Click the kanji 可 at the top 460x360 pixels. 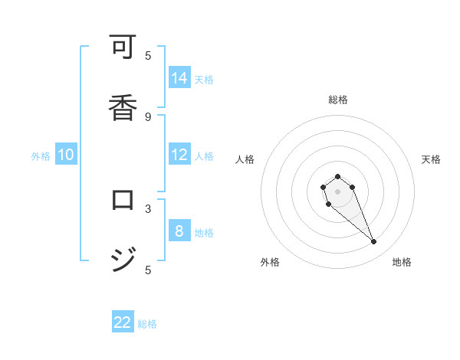click(x=123, y=47)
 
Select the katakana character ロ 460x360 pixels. click(x=123, y=201)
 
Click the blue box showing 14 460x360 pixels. click(x=179, y=78)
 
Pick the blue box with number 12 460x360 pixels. click(x=179, y=155)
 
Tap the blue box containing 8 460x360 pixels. click(x=179, y=231)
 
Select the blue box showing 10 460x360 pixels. click(x=66, y=155)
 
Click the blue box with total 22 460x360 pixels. click(x=123, y=322)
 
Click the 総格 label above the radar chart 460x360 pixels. click(x=337, y=100)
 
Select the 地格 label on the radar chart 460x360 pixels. click(x=402, y=262)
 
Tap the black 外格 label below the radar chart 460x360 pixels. click(x=270, y=262)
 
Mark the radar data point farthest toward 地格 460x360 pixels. click(x=374, y=242)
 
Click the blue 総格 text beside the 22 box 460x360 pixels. click(x=147, y=324)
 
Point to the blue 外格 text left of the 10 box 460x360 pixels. click(x=41, y=156)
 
